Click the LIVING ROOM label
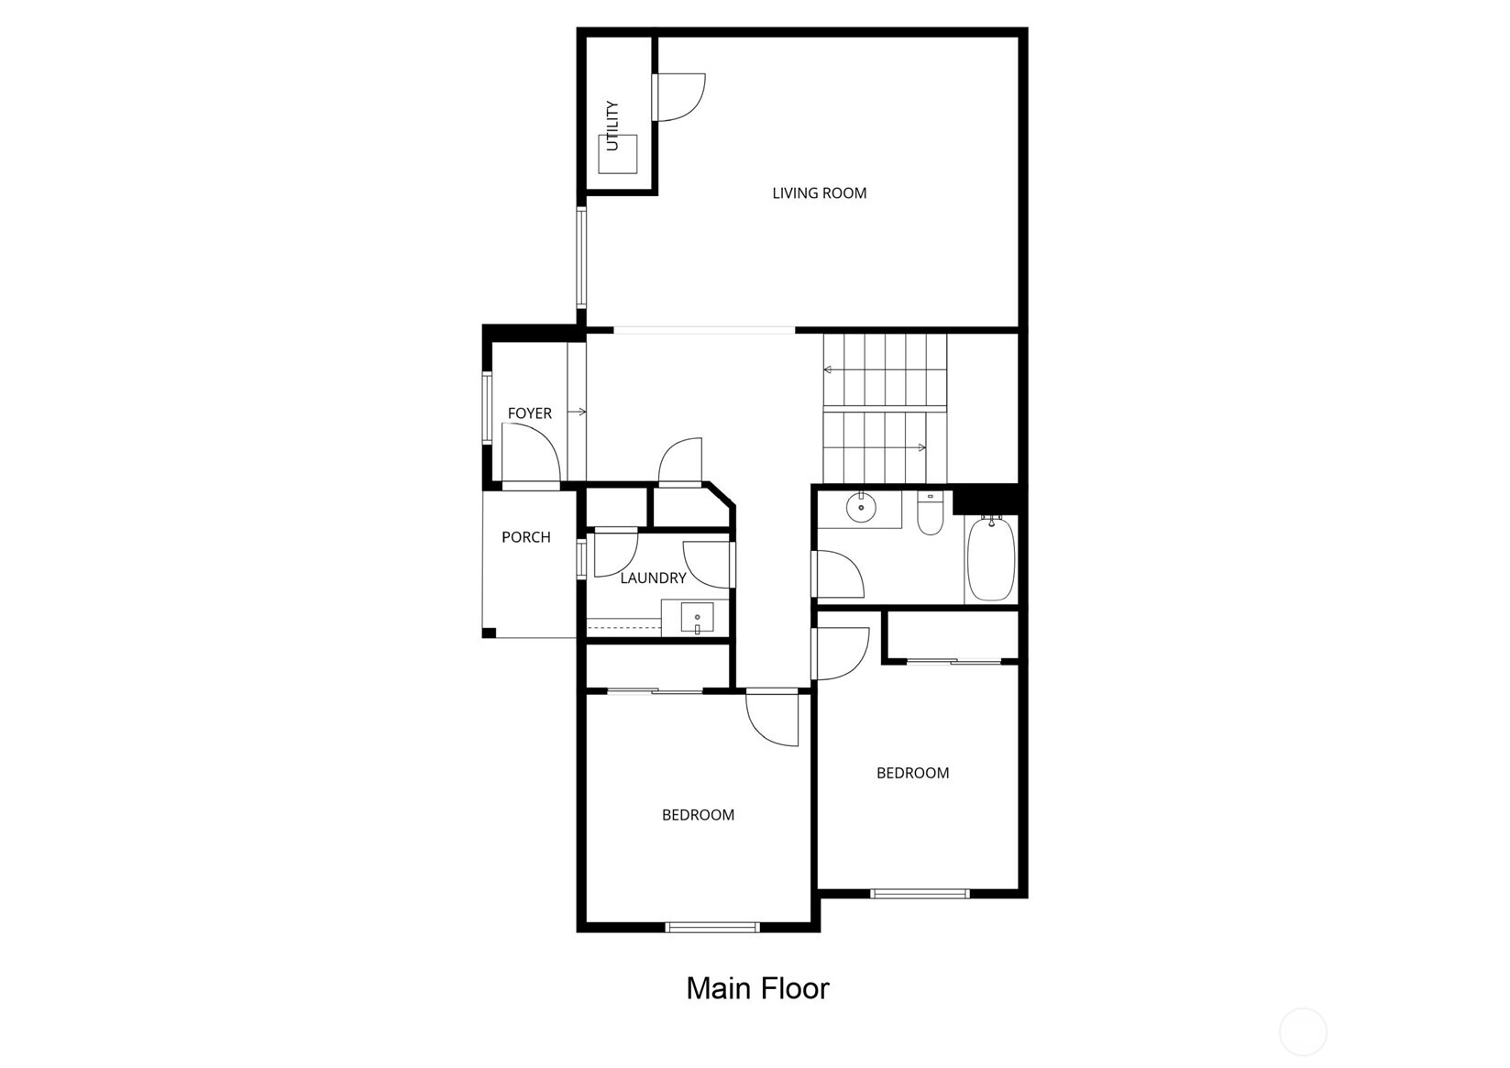pyautogui.click(x=819, y=193)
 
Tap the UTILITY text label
pyautogui.click(x=612, y=126)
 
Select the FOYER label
pyautogui.click(x=530, y=413)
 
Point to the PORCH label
pyautogui.click(x=526, y=537)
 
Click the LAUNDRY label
pyautogui.click(x=653, y=578)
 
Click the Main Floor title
pyautogui.click(x=757, y=988)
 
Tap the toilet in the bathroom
pyautogui.click(x=930, y=515)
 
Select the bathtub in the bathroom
pyautogui.click(x=991, y=558)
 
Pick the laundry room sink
pyautogui.click(x=697, y=620)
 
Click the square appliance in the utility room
pyautogui.click(x=618, y=154)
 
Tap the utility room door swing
pyautogui.click(x=680, y=97)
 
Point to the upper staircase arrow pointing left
pyautogui.click(x=827, y=369)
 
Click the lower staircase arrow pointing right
pyautogui.click(x=920, y=447)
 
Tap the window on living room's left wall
pyautogui.click(x=580, y=258)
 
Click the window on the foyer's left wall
pyautogui.click(x=488, y=407)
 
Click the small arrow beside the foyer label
pyautogui.click(x=577, y=413)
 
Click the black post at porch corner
pyautogui.click(x=489, y=633)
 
